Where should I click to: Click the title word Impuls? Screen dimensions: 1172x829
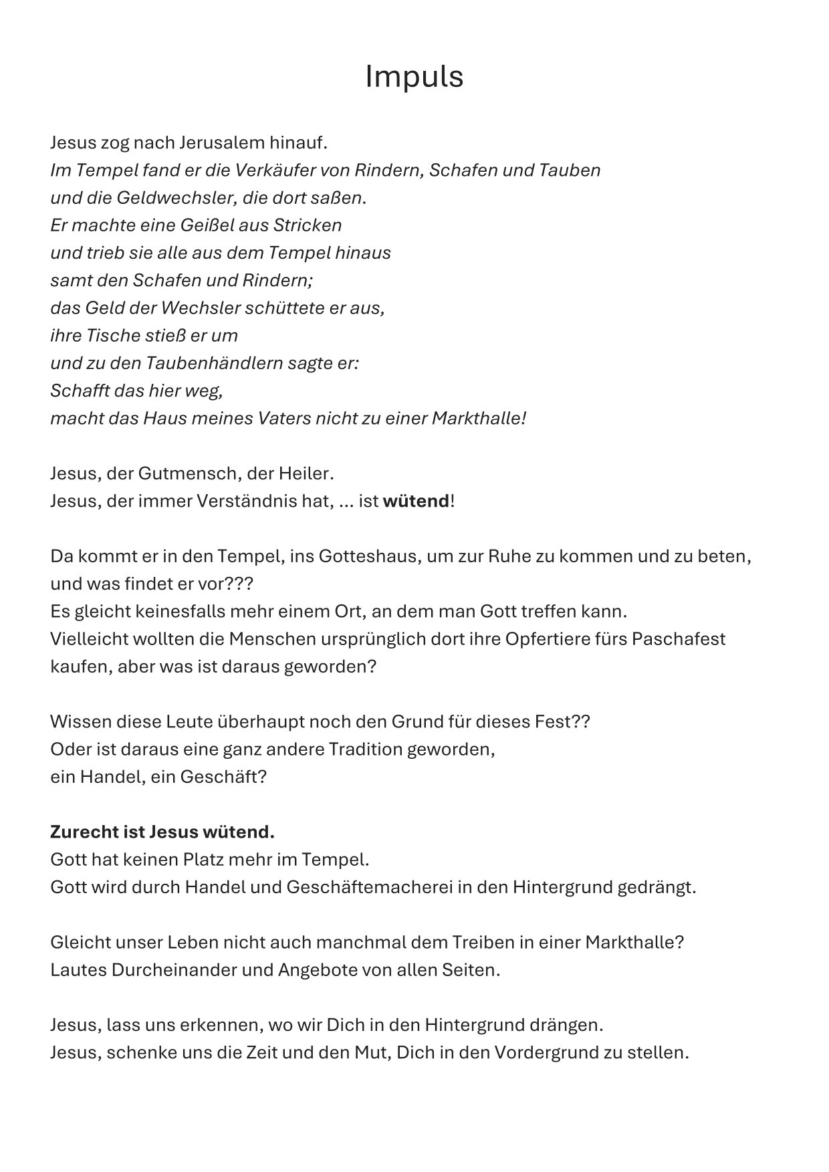414,77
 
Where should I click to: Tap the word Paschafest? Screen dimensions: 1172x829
678,638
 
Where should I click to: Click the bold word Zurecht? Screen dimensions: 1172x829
84,832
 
